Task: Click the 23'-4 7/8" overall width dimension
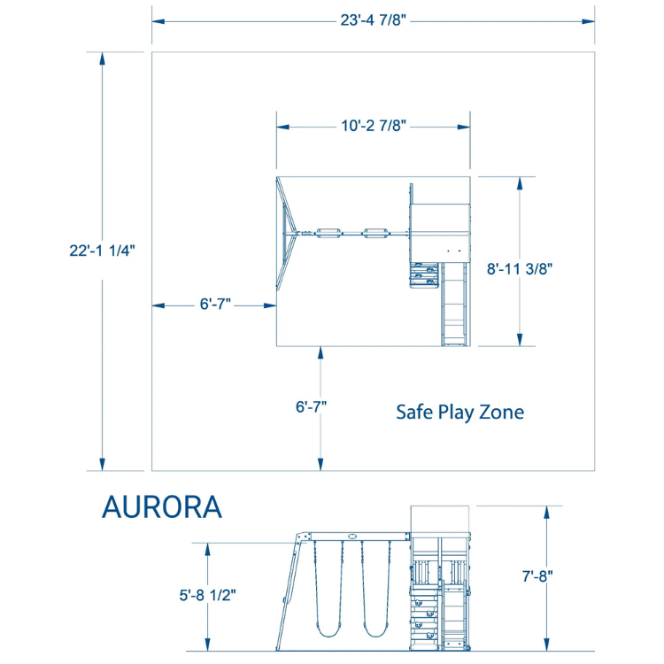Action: point(373,20)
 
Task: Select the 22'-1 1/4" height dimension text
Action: point(102,251)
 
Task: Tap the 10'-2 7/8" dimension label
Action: point(374,126)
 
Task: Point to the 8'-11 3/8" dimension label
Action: point(520,269)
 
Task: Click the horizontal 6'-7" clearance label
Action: point(215,304)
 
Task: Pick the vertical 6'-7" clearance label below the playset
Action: point(312,407)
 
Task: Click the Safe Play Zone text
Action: point(459,413)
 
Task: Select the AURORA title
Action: point(162,507)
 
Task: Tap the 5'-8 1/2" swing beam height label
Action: point(207,595)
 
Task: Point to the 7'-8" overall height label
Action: point(537,576)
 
